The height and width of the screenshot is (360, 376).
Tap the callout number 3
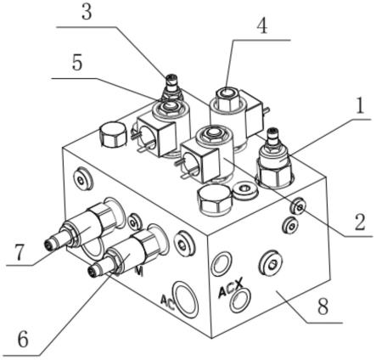click(87, 12)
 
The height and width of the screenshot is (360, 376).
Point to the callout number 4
click(262, 26)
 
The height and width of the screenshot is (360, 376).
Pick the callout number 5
click(77, 62)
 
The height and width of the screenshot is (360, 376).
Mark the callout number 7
click(19, 253)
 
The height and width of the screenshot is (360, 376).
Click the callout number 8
click(323, 307)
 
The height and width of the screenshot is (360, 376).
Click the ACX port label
click(231, 288)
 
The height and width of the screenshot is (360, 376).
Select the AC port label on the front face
click(167, 301)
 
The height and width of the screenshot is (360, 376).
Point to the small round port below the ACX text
click(240, 300)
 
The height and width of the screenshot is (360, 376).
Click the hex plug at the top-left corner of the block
click(113, 134)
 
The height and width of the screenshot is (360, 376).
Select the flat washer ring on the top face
click(245, 189)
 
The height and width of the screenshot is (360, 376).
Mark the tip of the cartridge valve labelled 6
click(92, 271)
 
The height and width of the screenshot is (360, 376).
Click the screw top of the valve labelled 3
click(171, 78)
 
